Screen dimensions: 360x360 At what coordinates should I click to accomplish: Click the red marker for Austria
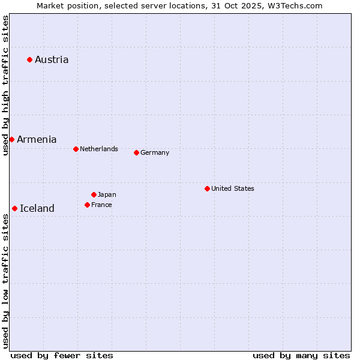point(29,59)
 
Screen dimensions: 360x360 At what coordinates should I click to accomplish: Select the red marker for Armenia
point(11,139)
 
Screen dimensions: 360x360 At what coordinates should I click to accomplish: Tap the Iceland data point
point(14,208)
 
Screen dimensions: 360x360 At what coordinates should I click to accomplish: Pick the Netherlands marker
point(76,149)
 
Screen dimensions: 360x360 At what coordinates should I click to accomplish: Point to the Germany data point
point(136,152)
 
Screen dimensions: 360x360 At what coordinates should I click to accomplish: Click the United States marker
point(207,188)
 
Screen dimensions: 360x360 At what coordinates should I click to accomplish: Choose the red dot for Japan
point(94,194)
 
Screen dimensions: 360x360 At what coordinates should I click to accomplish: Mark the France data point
point(87,205)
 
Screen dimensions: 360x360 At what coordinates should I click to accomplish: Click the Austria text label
point(52,59)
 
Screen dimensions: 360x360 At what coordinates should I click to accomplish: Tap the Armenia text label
point(37,139)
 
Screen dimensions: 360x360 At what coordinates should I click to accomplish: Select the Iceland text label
point(37,208)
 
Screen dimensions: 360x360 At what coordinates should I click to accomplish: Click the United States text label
point(233,188)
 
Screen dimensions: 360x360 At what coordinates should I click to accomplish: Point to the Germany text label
point(155,152)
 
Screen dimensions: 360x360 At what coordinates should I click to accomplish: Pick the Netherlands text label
point(99,149)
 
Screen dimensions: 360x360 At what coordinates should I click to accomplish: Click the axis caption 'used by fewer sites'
point(62,355)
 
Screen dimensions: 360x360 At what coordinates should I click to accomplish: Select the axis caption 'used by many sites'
point(301,355)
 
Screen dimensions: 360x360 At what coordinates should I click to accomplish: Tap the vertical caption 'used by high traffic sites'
point(5,85)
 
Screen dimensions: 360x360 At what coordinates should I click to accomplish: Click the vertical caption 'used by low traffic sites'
point(5,281)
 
